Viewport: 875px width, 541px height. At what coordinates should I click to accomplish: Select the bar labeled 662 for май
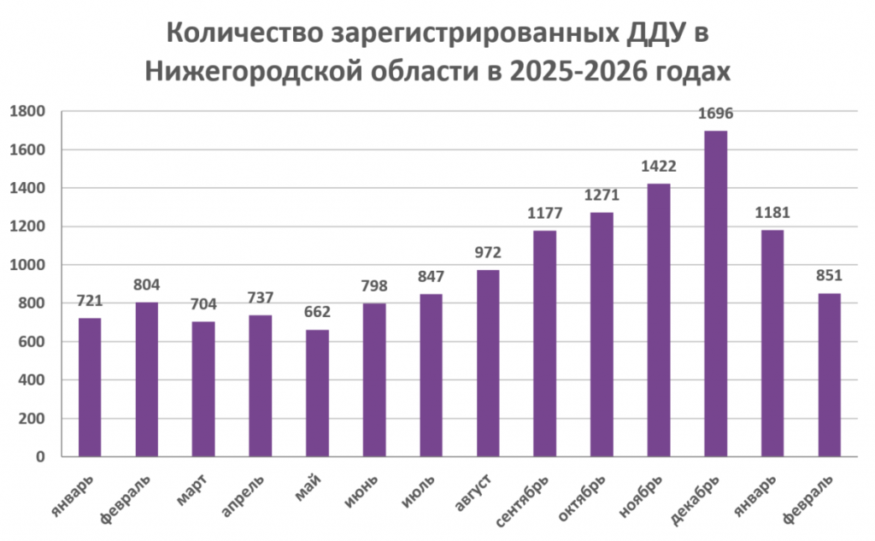[x=317, y=393]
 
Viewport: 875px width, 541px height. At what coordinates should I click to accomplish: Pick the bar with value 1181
[x=772, y=343]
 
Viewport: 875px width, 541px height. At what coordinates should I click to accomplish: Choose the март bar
[x=203, y=389]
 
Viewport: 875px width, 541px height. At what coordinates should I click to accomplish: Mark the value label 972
[x=488, y=253]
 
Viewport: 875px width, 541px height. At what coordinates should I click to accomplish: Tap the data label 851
[x=829, y=276]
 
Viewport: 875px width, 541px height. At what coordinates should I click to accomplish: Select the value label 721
[x=90, y=301]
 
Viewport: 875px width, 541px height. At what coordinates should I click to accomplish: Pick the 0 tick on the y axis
[x=41, y=457]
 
